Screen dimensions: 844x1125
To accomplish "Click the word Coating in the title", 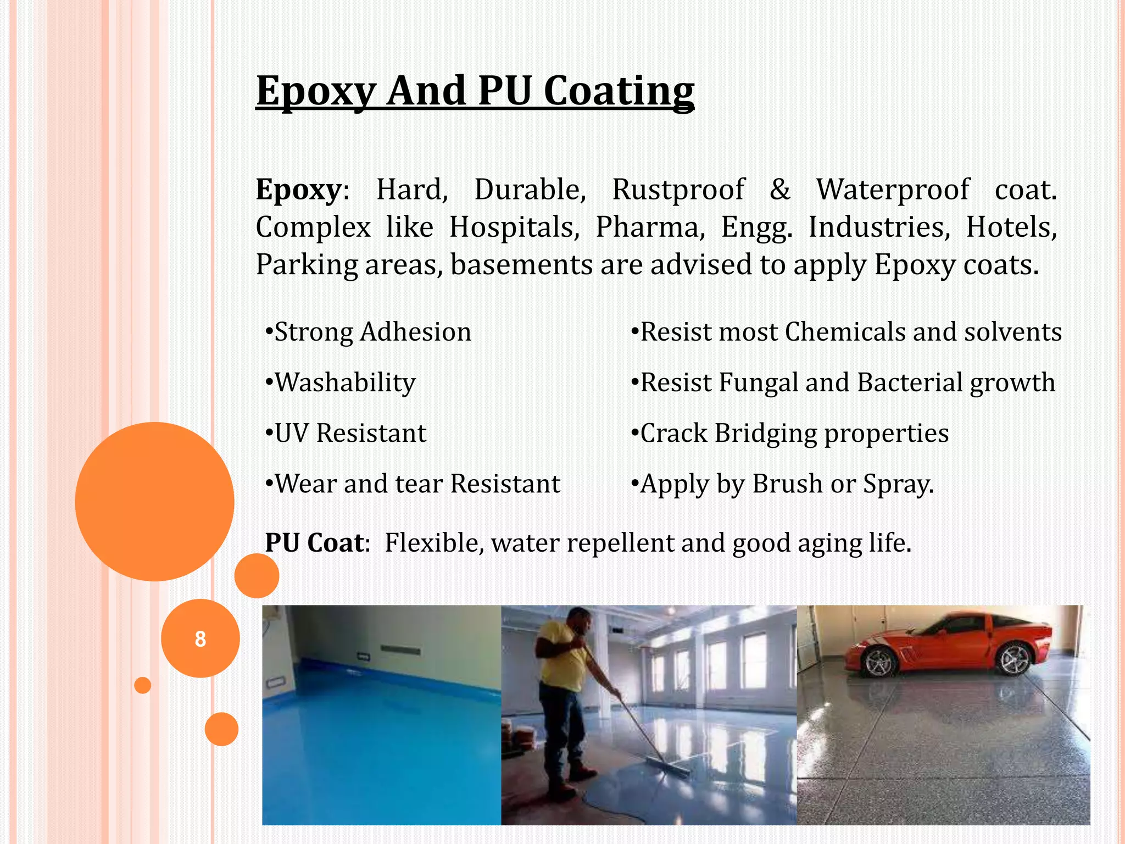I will (619, 91).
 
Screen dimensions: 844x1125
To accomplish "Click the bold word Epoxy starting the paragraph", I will (299, 190).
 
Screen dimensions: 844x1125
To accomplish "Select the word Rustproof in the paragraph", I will (678, 190).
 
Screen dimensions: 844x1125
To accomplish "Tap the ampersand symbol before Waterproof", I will (779, 190).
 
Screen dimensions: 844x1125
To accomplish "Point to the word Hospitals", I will (514, 227).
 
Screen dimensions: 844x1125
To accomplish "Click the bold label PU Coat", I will (314, 543).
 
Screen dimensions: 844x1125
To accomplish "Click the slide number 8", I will (201, 639).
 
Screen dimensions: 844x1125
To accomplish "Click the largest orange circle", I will (154, 501).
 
